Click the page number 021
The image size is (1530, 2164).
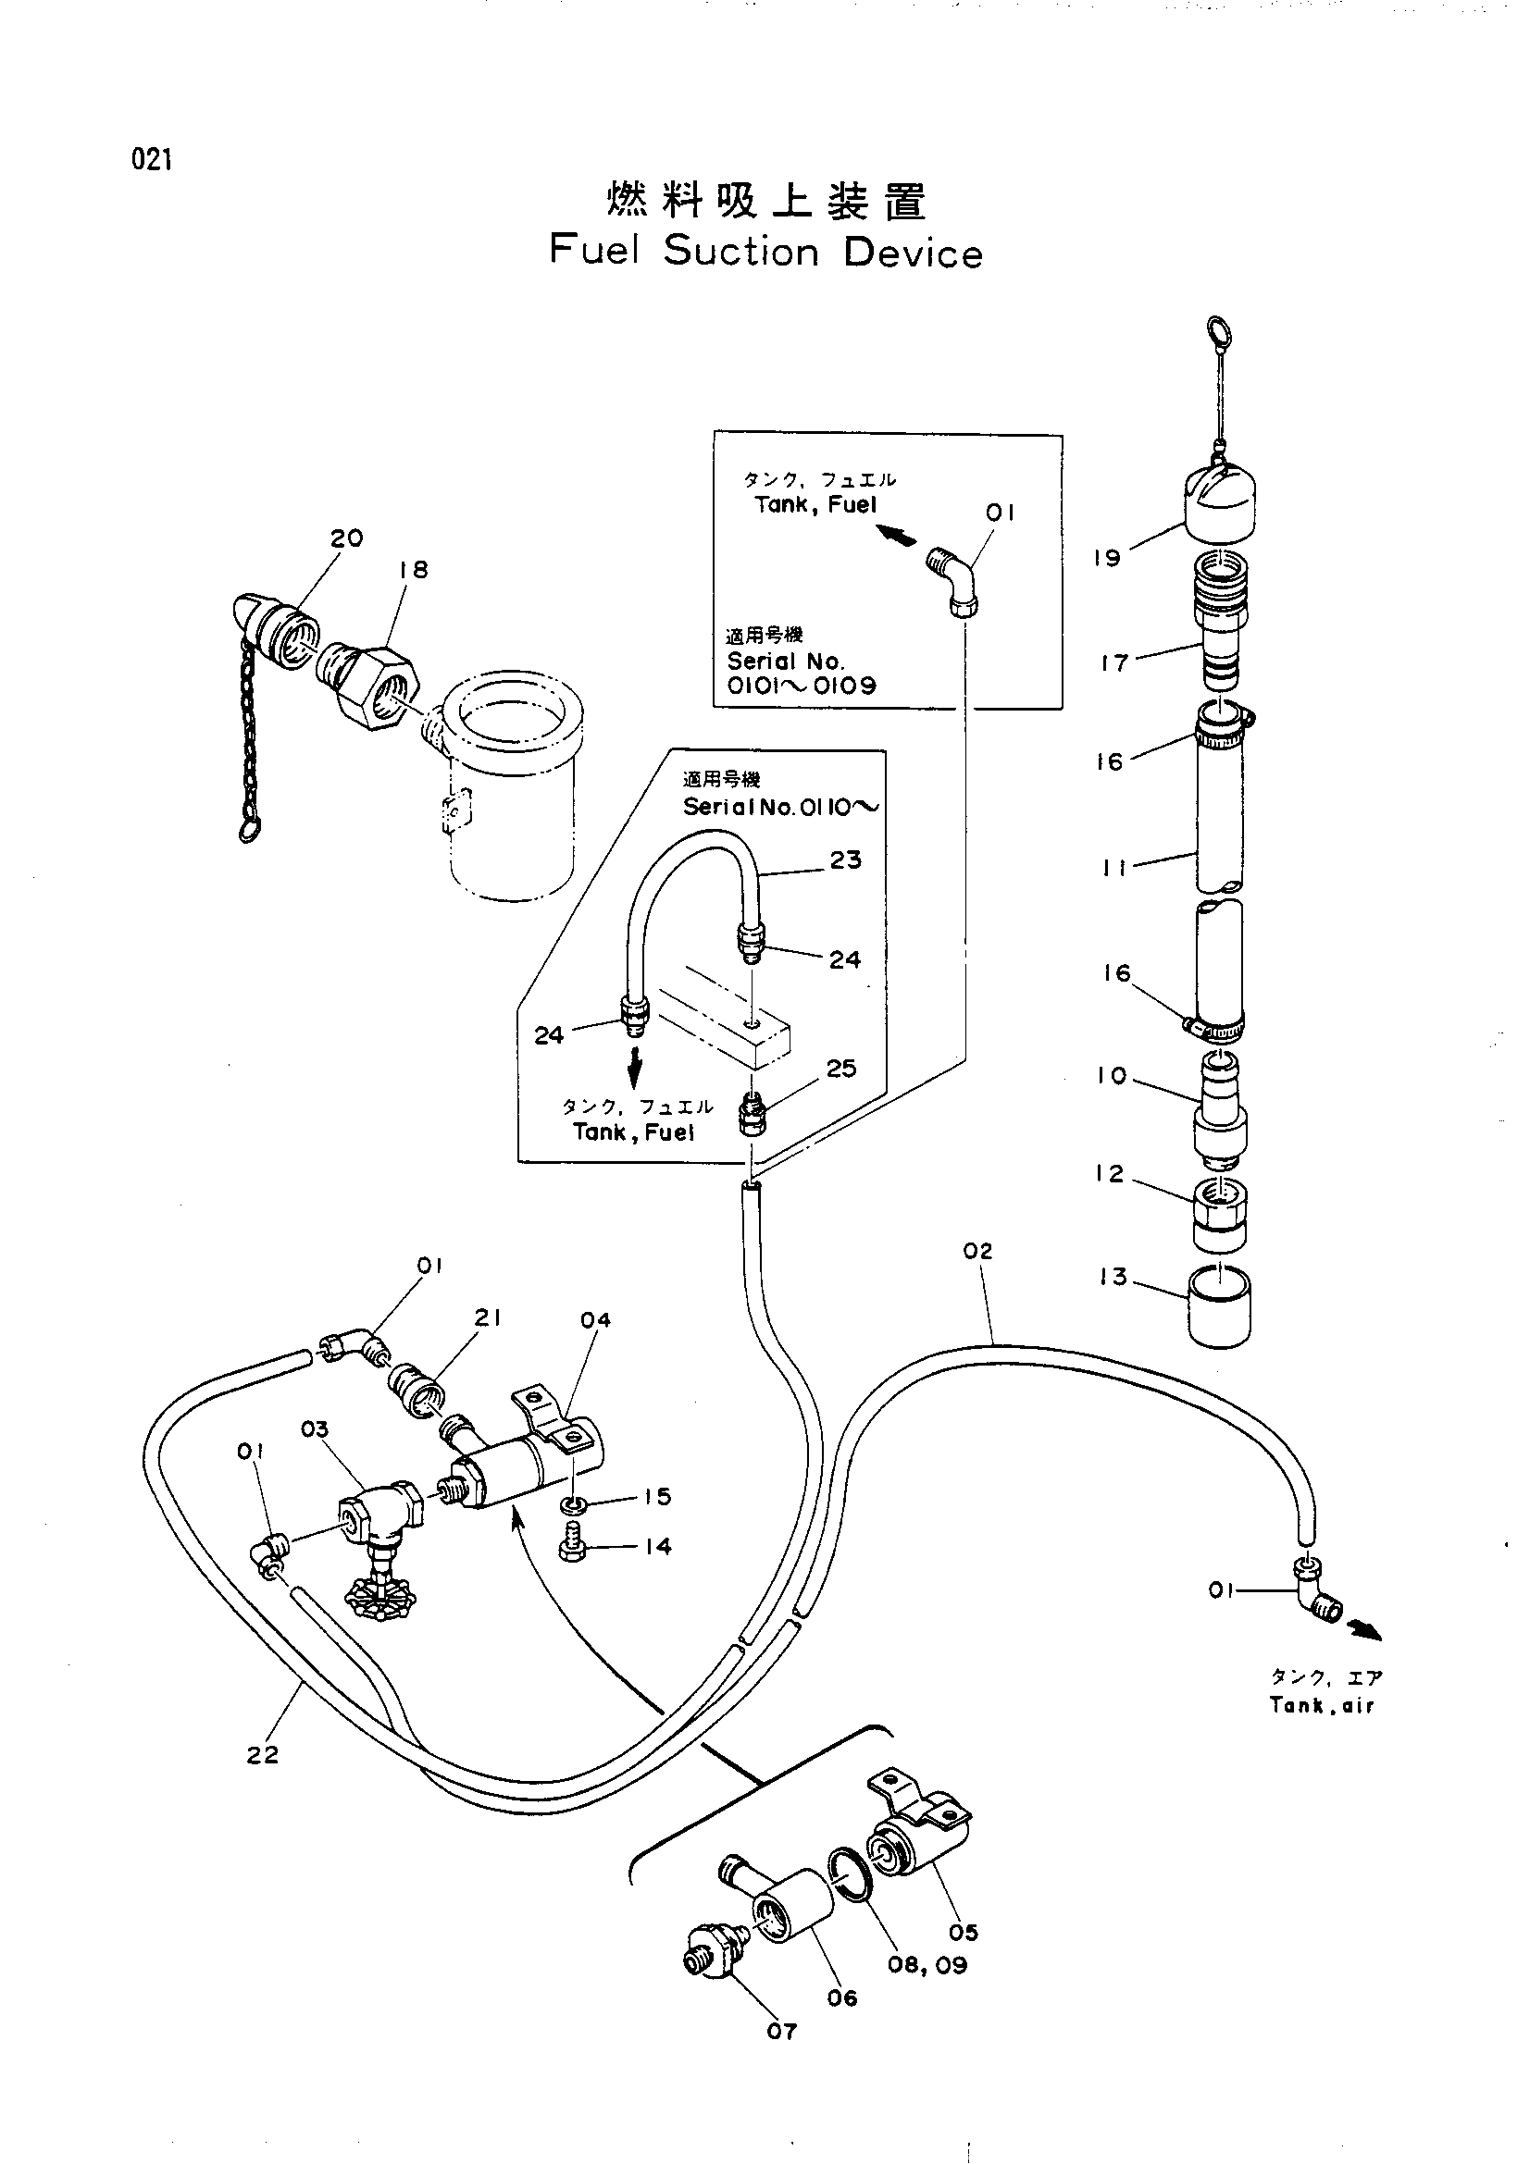point(153,160)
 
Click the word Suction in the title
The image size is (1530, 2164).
point(742,252)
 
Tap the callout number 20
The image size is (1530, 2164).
point(347,538)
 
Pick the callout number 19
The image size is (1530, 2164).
point(1108,558)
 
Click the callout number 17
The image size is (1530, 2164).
point(1115,663)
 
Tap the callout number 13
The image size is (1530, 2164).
point(1113,1277)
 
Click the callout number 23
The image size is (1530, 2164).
point(846,859)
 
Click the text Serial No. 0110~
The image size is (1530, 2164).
point(782,808)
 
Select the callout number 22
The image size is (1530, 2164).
point(263,1754)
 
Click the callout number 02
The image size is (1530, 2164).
point(978,1251)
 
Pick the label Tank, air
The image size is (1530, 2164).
point(1321,1705)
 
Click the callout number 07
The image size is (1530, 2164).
point(781,2031)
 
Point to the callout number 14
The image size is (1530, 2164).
point(658,1547)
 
